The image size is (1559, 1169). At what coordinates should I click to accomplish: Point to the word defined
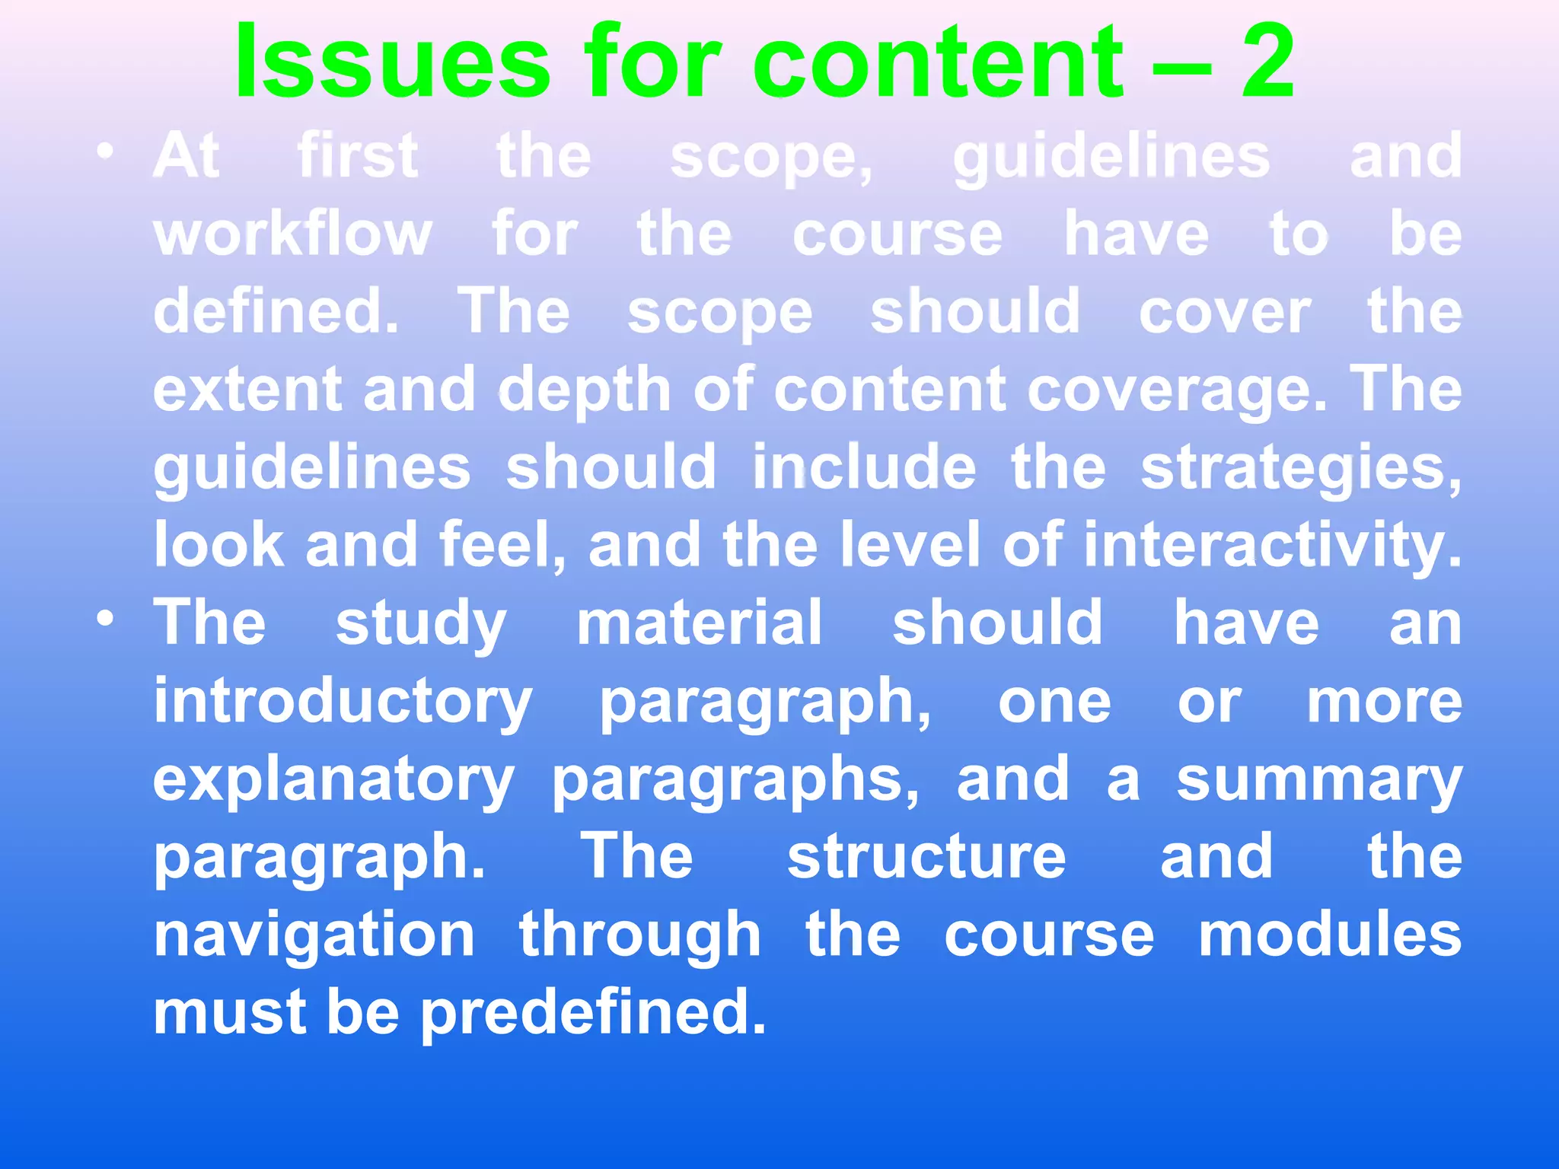[276, 311]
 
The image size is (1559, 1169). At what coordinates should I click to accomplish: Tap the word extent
[247, 390]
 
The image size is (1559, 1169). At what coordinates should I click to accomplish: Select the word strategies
[1301, 469]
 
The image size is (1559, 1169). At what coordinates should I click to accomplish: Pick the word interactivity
[1272, 545]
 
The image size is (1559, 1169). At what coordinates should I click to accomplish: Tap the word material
[700, 623]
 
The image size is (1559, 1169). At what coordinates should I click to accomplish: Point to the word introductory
[343, 702]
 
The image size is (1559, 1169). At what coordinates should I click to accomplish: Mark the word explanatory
[333, 780]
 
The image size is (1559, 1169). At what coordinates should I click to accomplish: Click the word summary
[1319, 780]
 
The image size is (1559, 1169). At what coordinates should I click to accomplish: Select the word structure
[926, 858]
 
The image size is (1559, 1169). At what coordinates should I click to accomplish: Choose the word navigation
[314, 936]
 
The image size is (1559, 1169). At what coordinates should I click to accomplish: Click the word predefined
[593, 1014]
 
